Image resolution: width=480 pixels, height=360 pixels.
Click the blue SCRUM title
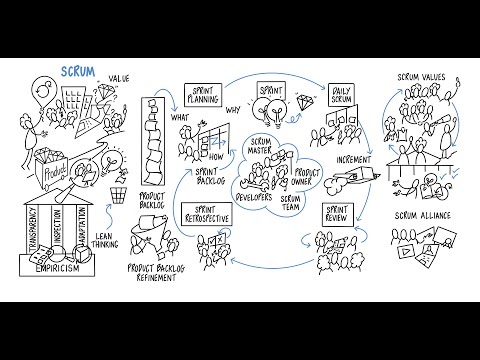[x=77, y=71]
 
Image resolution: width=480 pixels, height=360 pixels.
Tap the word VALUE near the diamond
[x=120, y=78]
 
